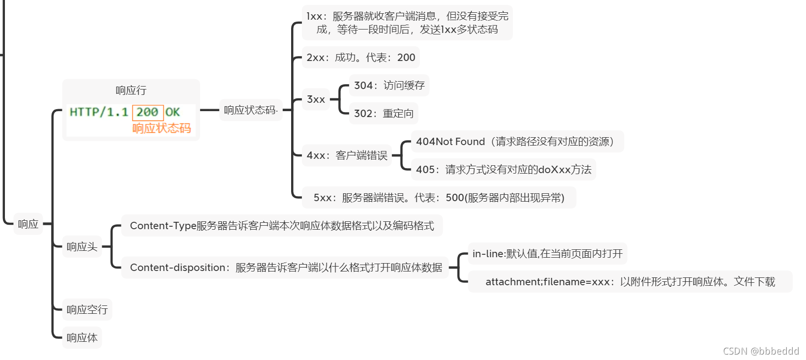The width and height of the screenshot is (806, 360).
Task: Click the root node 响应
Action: coord(28,224)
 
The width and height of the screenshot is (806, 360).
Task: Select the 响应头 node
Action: coord(82,247)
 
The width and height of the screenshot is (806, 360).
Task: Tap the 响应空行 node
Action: coord(87,310)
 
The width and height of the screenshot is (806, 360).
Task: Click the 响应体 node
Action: coord(82,338)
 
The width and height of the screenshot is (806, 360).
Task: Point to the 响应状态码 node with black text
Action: coord(250,110)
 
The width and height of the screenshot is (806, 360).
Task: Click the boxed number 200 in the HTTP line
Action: coord(147,112)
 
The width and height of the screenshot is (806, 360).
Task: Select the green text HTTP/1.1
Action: coord(99,112)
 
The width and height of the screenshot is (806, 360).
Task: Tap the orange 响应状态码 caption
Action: coord(161,128)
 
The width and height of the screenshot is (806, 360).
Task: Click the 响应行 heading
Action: coord(131,90)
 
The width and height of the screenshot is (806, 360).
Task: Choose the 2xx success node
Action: coord(360,58)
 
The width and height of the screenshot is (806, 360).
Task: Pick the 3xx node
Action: coord(316,99)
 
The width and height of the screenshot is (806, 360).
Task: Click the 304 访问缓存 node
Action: coord(389,86)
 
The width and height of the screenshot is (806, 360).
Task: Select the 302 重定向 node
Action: coord(384,114)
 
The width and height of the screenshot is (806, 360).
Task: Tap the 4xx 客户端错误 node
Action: coord(347,156)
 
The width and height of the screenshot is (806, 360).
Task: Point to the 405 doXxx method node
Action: coord(503,170)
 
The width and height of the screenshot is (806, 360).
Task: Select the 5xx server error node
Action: coord(439,198)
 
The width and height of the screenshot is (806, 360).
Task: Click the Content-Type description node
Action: coord(282,226)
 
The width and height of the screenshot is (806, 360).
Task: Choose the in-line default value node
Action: coord(547,254)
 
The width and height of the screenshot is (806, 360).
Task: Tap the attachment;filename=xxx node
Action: coord(630,282)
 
